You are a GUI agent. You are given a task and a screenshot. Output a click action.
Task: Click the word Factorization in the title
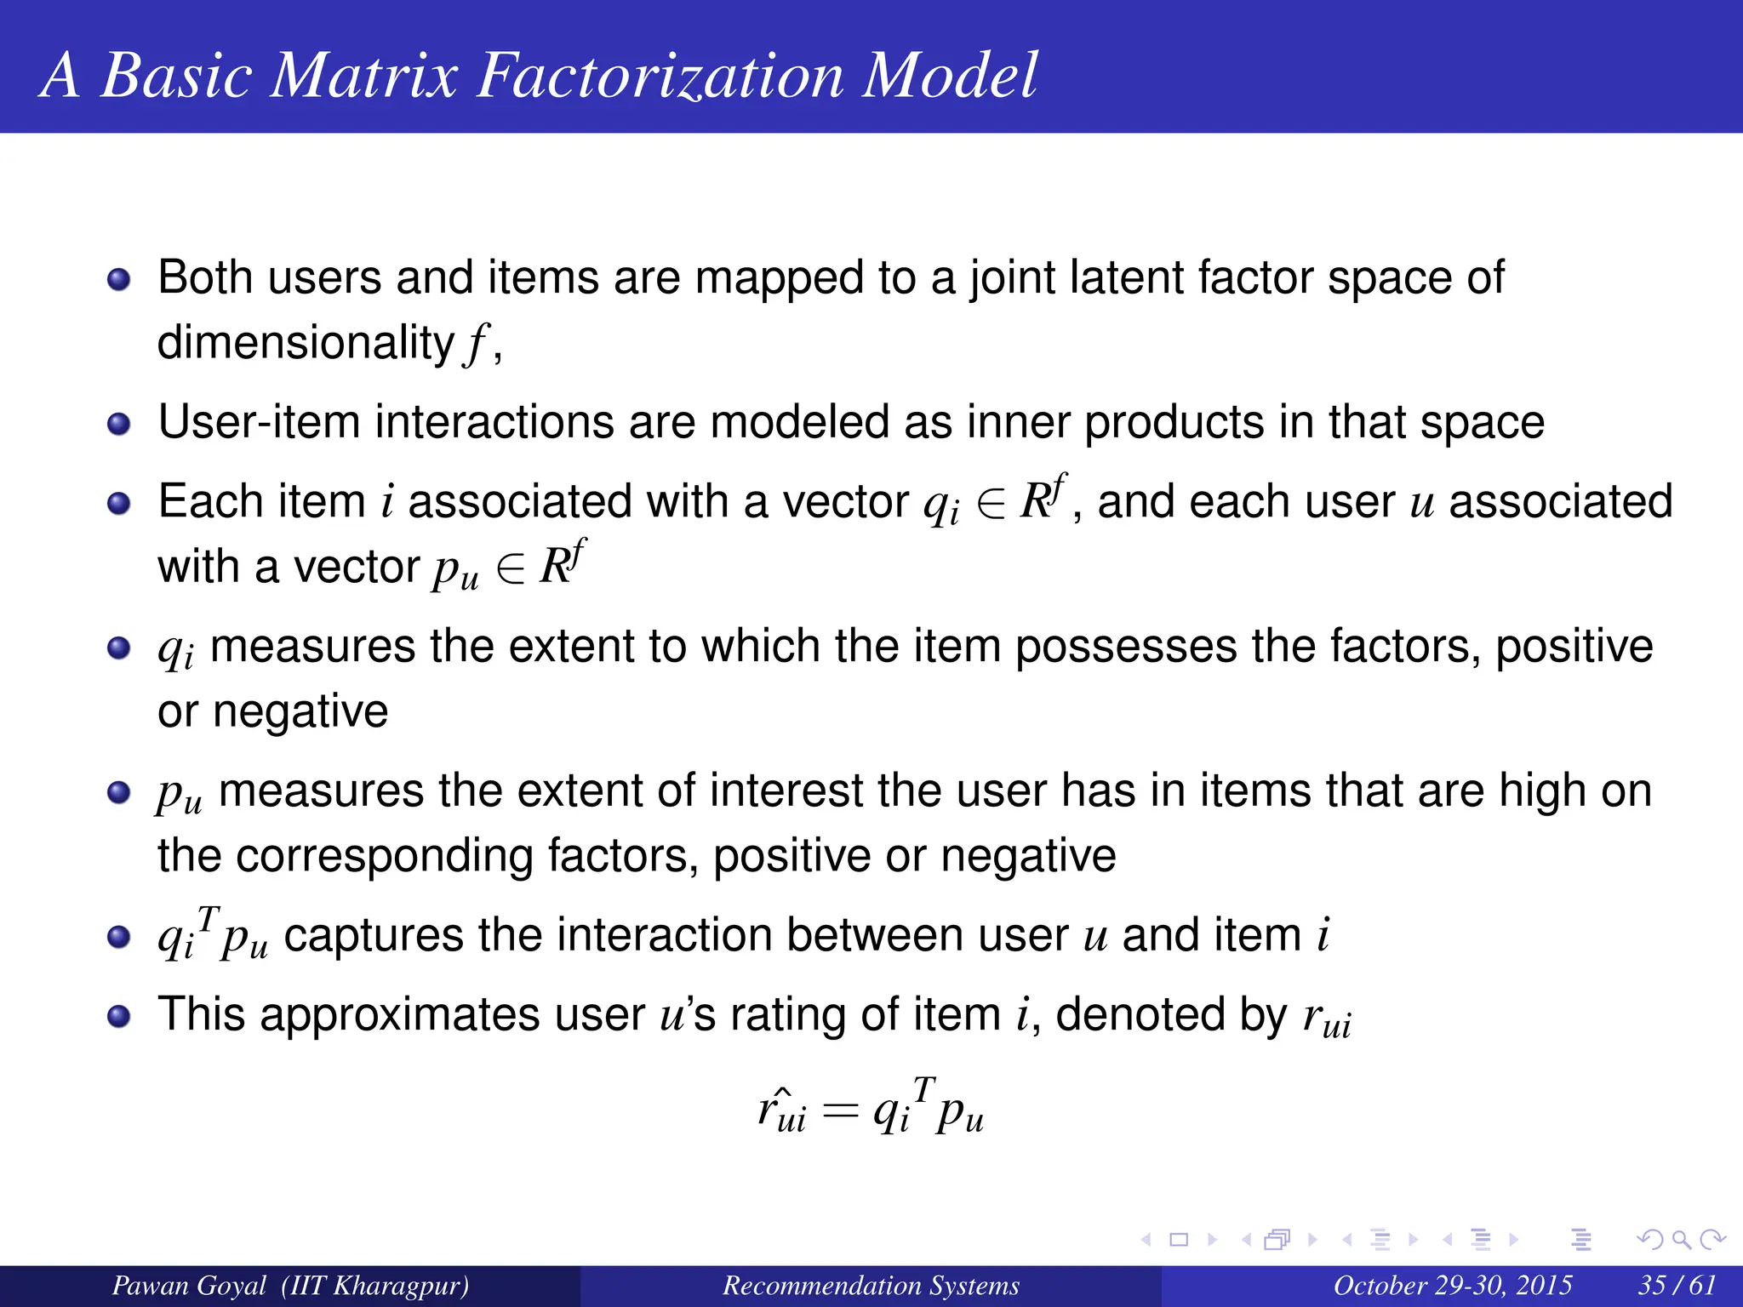click(x=660, y=77)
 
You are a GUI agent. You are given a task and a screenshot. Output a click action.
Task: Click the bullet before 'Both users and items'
click(x=119, y=279)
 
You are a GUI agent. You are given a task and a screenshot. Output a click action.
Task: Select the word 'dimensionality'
click(x=306, y=344)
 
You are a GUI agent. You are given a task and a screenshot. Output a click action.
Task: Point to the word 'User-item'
click(x=259, y=423)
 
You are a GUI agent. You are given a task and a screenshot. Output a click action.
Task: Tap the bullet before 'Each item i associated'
click(x=119, y=503)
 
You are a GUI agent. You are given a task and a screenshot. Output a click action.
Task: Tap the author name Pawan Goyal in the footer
click(x=189, y=1285)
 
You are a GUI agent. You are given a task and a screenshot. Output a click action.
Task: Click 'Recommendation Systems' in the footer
click(x=871, y=1285)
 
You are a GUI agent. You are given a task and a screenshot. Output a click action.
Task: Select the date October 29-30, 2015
click(x=1452, y=1285)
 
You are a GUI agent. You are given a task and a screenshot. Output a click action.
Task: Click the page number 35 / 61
click(x=1677, y=1285)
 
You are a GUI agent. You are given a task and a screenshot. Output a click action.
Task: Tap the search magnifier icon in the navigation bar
click(x=1681, y=1240)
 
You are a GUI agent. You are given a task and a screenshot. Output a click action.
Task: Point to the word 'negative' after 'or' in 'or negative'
click(x=300, y=712)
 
